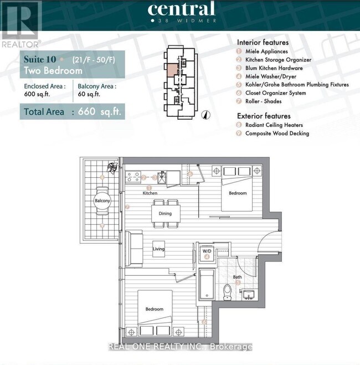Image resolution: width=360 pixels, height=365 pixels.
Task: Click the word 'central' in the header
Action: (181, 9)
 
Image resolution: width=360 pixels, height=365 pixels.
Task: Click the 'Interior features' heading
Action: (263, 42)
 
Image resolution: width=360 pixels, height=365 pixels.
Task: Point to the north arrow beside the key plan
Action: (204, 115)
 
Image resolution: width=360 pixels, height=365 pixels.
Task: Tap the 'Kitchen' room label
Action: (150, 193)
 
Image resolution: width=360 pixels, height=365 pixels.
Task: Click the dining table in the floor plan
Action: (165, 213)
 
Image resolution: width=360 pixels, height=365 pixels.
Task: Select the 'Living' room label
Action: (159, 249)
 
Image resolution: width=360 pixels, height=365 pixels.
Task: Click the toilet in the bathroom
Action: (227, 292)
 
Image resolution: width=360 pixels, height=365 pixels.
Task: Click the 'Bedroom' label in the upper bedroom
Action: (238, 193)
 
